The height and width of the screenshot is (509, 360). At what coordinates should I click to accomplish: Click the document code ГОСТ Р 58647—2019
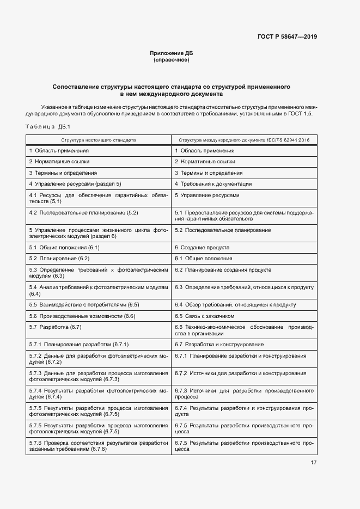click(x=287, y=37)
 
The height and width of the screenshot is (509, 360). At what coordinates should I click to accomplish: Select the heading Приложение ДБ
click(x=172, y=53)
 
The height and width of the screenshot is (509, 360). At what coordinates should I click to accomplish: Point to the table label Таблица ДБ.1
click(x=45, y=127)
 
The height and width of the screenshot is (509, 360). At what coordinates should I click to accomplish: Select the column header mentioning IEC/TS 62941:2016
click(x=243, y=140)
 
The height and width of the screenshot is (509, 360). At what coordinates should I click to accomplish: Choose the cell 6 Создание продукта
click(x=199, y=247)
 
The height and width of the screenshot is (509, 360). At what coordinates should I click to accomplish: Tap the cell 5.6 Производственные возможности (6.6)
click(x=82, y=316)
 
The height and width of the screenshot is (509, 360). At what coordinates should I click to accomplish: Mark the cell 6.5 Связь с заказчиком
click(x=204, y=316)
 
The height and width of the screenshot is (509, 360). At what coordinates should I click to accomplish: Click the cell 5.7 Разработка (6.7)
click(x=55, y=327)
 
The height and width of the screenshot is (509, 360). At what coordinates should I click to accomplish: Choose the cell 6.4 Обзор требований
click(x=235, y=304)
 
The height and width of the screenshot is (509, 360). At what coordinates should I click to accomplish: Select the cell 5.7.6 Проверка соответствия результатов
click(x=99, y=446)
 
